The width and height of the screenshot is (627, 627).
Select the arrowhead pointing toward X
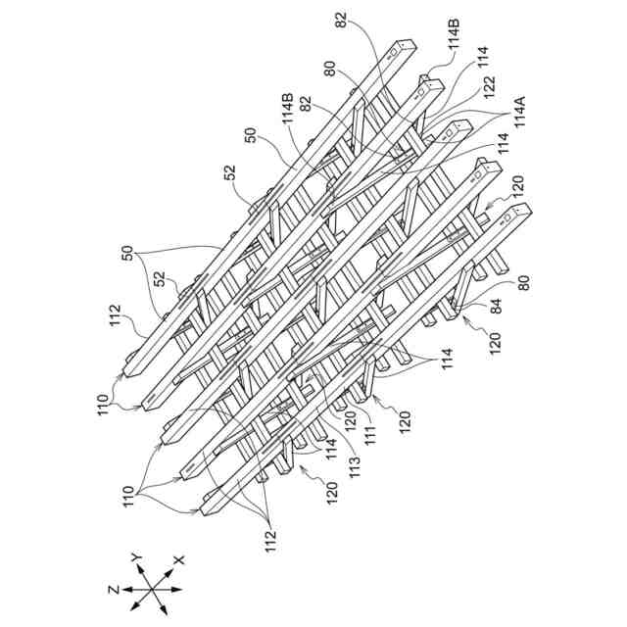coord(169,570)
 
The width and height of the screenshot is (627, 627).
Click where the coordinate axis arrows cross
coord(151,592)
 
